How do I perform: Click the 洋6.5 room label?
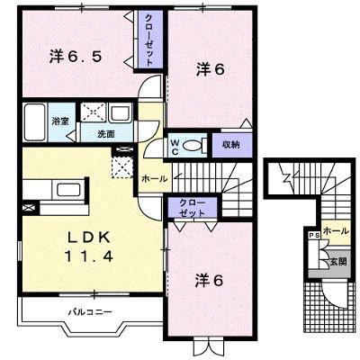click(76, 57)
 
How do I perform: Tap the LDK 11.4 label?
click(89, 247)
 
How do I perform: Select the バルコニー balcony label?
click(90, 312)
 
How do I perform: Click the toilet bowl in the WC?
click(193, 146)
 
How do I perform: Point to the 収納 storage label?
click(231, 145)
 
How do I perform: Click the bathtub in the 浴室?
click(35, 122)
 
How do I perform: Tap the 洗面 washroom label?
click(106, 134)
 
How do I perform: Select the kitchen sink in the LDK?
click(68, 190)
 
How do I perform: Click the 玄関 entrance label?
click(338, 261)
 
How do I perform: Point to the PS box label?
click(314, 235)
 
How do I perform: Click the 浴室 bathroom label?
click(60, 121)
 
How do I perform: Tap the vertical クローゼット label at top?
click(149, 40)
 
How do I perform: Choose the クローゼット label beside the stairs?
click(193, 208)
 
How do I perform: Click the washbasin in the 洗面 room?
click(120, 113)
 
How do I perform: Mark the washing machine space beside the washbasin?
click(93, 112)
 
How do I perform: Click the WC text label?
click(175, 148)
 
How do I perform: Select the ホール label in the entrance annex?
click(337, 231)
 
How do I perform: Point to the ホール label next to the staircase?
click(155, 179)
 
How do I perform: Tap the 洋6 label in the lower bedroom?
click(210, 281)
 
